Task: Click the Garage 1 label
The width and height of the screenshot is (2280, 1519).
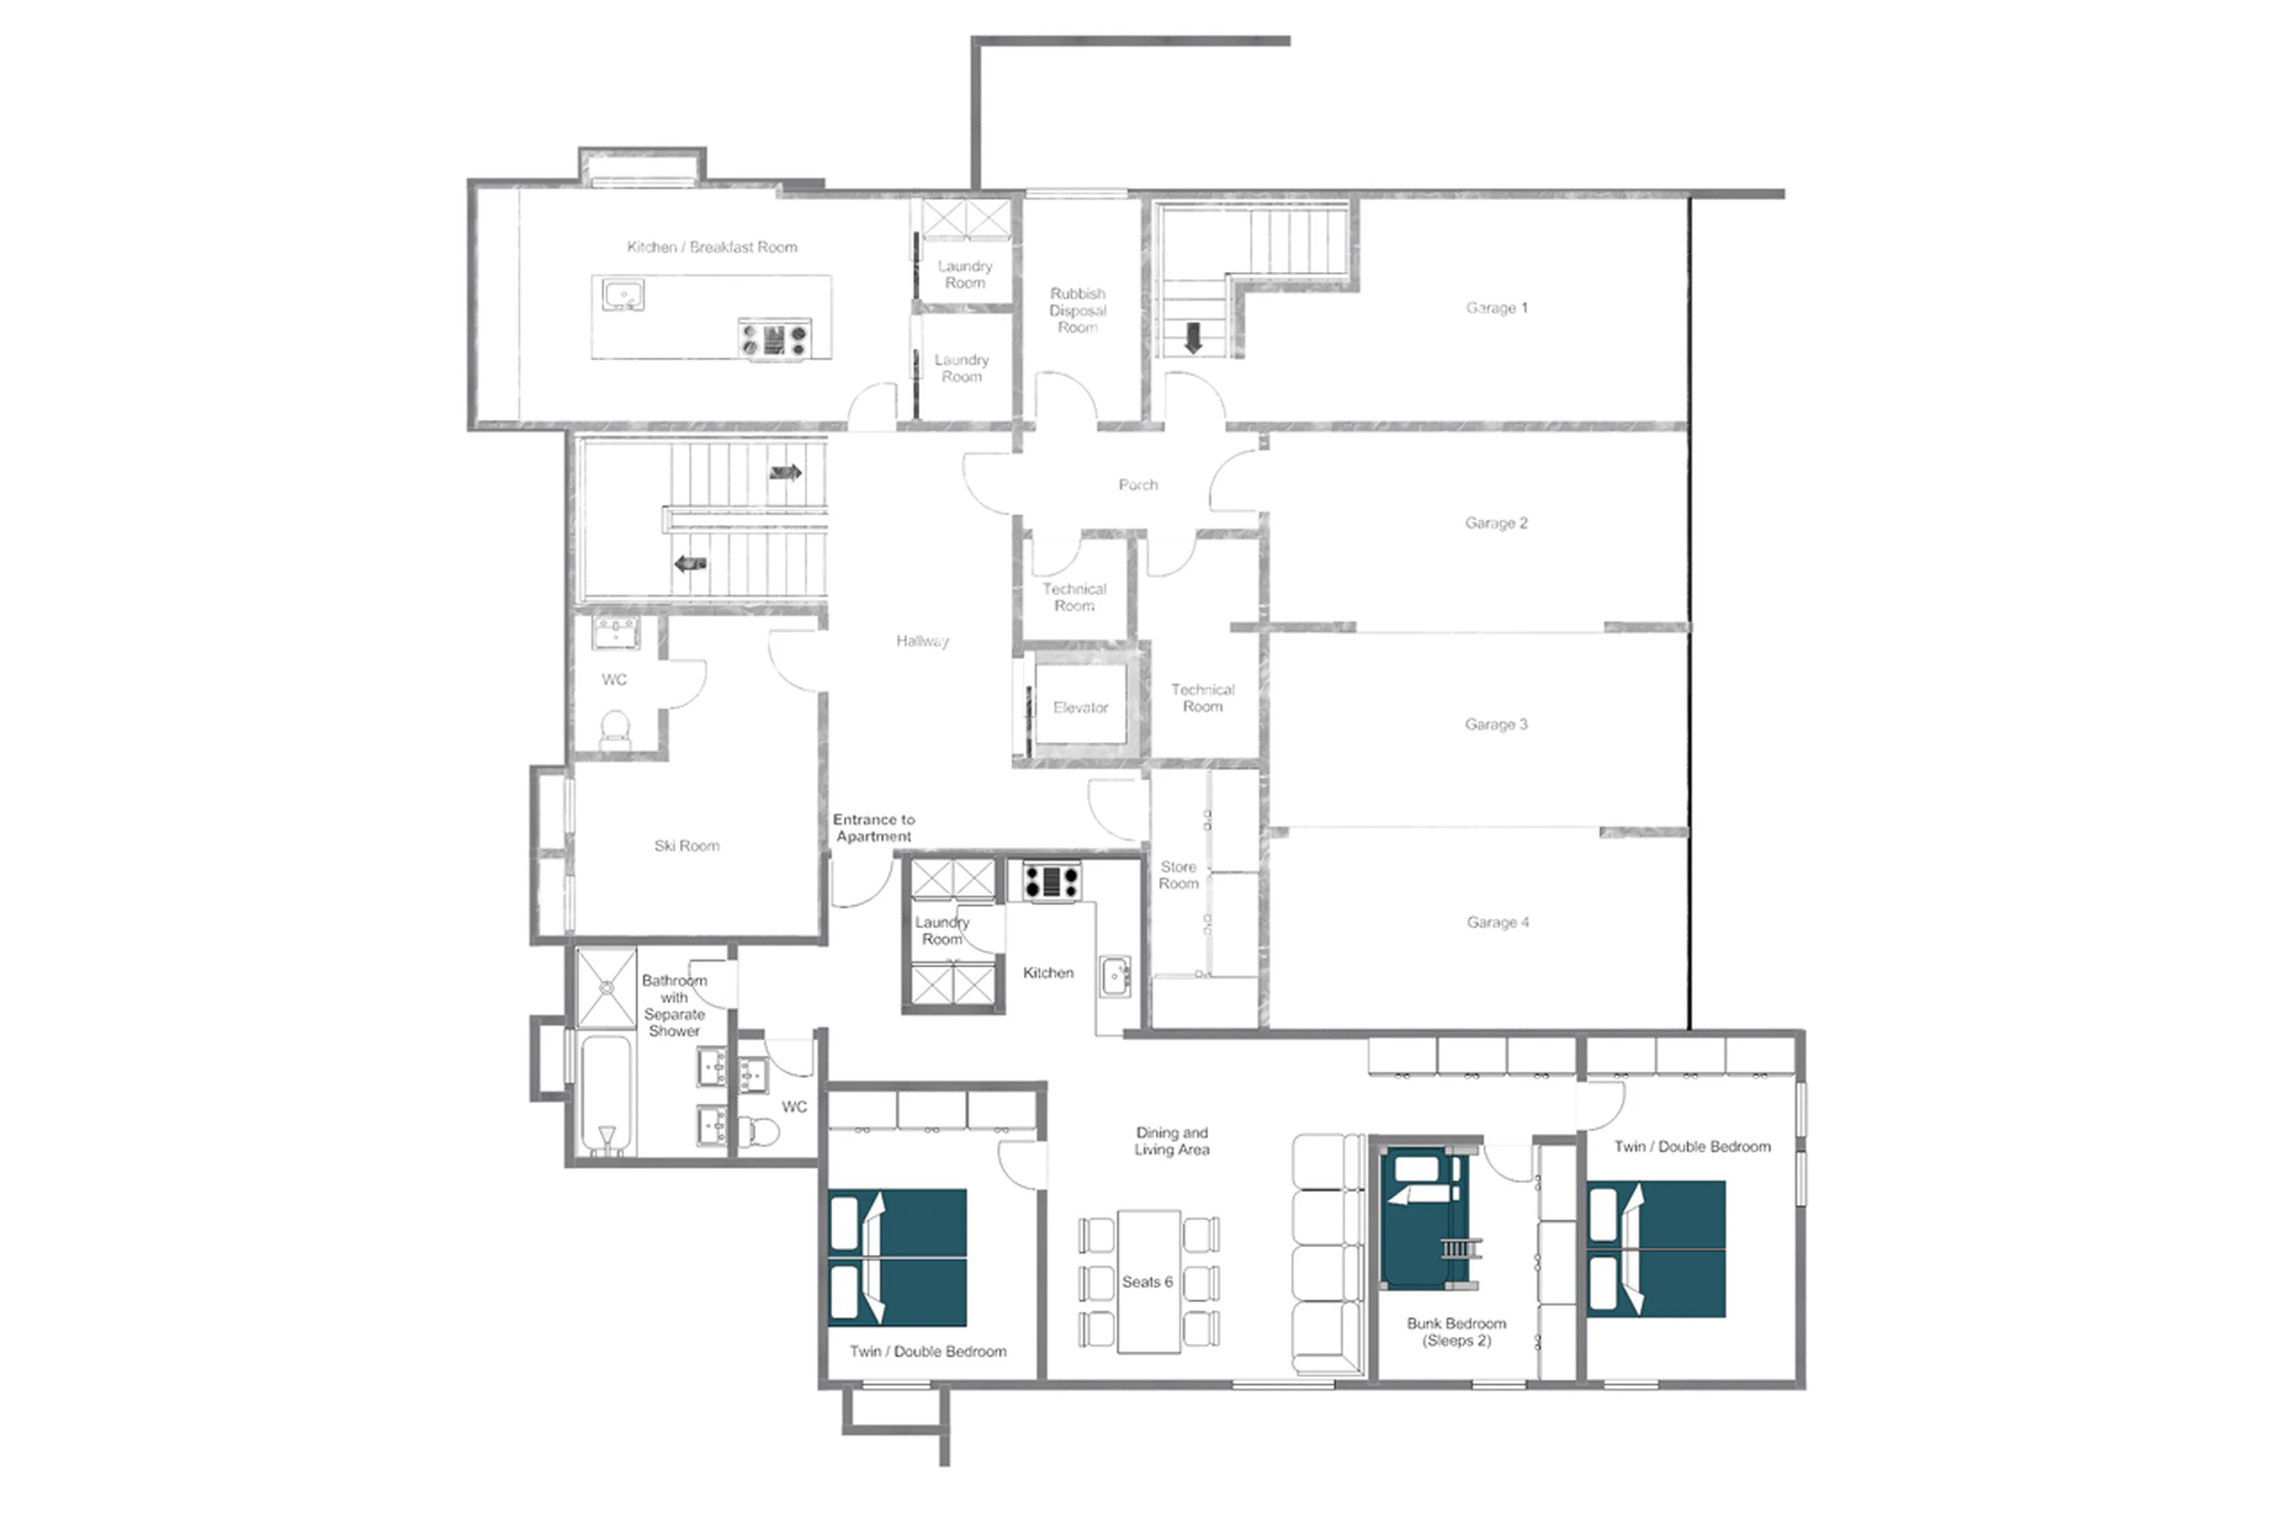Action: coord(1495,308)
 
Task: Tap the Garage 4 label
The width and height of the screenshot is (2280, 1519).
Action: coord(1496,922)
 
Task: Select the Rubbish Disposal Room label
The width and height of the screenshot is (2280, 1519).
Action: coord(1076,310)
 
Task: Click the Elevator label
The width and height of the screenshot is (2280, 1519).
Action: coord(1079,708)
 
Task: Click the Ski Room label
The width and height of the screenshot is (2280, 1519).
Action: coord(686,846)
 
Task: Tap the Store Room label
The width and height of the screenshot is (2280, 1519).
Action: coord(1177,875)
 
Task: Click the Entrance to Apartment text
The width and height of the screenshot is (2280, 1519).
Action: coord(873,827)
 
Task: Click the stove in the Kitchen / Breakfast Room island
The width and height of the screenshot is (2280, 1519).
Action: coord(773,339)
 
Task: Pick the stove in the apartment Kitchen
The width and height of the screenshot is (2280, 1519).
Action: coord(1050,881)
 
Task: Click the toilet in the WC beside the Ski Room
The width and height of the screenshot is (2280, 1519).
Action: coord(615,728)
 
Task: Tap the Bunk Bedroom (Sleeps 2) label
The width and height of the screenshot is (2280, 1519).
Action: coord(1455,1331)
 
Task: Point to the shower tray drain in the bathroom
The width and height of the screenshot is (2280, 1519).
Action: coord(607,987)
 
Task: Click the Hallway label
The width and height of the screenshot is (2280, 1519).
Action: coord(921,640)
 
